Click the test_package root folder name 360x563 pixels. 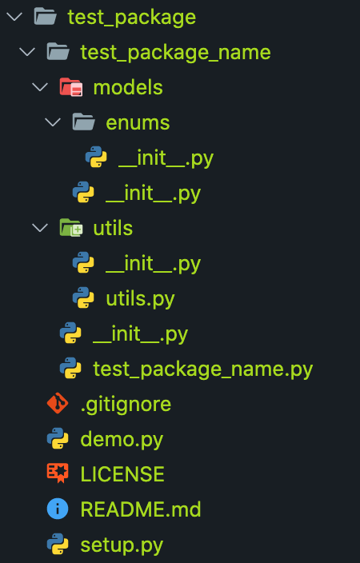[131, 18]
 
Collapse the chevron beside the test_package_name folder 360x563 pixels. [27, 52]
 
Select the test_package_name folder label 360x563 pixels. [175, 53]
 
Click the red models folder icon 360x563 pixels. [71, 87]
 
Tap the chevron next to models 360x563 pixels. [40, 87]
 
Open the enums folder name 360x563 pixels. [138, 123]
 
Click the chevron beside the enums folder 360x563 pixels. [53, 122]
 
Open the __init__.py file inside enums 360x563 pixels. [166, 158]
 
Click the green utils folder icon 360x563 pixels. [71, 228]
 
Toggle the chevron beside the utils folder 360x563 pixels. [40, 228]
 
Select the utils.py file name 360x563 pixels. [140, 299]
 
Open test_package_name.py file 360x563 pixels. [203, 369]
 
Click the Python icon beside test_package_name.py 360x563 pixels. [70, 368]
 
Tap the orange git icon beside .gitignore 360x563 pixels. [58, 403]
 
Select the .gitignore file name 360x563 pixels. [126, 405]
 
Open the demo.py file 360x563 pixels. [122, 440]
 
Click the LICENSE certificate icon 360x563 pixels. [58, 473]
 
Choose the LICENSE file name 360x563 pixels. [122, 474]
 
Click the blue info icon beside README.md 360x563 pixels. [58, 509]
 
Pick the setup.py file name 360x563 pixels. [122, 545]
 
